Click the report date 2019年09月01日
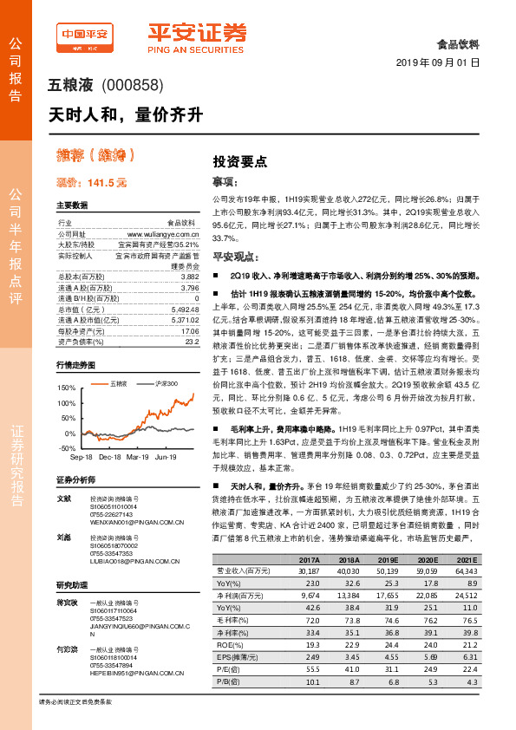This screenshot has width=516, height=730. [437, 63]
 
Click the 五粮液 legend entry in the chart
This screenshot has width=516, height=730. [119, 383]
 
